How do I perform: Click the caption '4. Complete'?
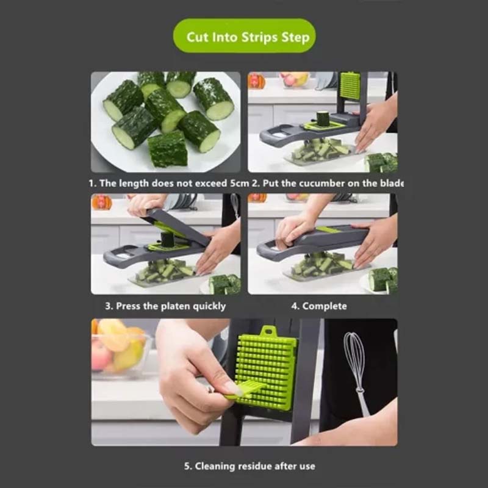[318, 306]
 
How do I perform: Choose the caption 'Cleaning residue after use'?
[249, 466]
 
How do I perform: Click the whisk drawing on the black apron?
[356, 372]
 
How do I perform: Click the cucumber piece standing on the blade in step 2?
[323, 118]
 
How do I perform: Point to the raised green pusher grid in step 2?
[350, 85]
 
